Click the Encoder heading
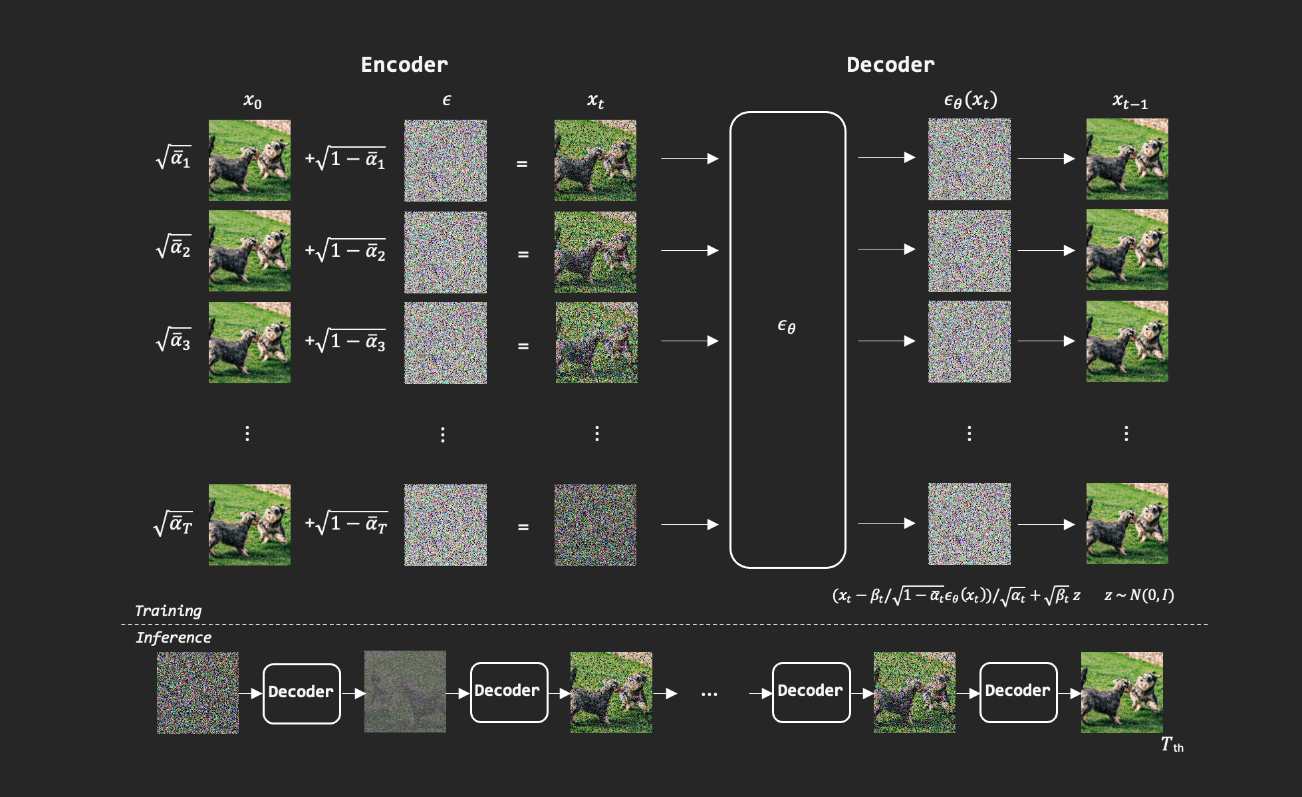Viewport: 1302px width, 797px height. click(404, 65)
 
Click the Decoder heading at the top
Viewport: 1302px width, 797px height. click(890, 65)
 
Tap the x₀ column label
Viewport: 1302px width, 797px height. click(252, 101)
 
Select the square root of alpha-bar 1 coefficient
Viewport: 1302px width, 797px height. click(174, 158)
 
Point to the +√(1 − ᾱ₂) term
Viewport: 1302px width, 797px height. click(346, 251)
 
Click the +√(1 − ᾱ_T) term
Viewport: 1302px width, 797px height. click(346, 524)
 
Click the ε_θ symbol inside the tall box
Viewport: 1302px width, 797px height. click(787, 326)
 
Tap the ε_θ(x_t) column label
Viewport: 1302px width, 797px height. click(970, 100)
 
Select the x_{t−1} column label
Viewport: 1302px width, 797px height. click(1130, 102)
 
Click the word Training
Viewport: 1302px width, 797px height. click(168, 611)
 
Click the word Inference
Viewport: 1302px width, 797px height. click(174, 637)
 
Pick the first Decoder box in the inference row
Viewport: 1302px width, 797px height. click(301, 693)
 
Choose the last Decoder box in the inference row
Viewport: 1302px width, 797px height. click(1018, 691)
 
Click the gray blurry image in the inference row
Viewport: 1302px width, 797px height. click(405, 692)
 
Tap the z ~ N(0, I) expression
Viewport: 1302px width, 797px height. click(1139, 595)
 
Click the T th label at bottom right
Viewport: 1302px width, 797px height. click(1172, 744)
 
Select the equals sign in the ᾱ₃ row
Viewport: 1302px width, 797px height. click(523, 346)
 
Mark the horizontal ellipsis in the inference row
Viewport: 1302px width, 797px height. click(710, 695)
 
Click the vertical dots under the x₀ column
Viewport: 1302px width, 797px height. click(247, 434)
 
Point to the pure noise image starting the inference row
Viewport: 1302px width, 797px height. click(197, 693)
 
